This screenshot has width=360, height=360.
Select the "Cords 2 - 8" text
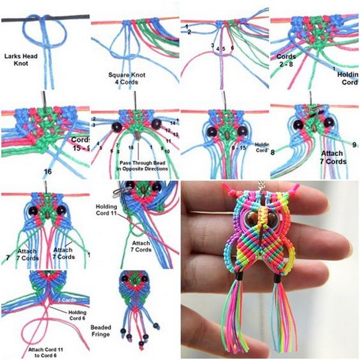[x=284, y=56]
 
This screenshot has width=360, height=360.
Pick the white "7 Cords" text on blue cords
[x=67, y=298]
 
